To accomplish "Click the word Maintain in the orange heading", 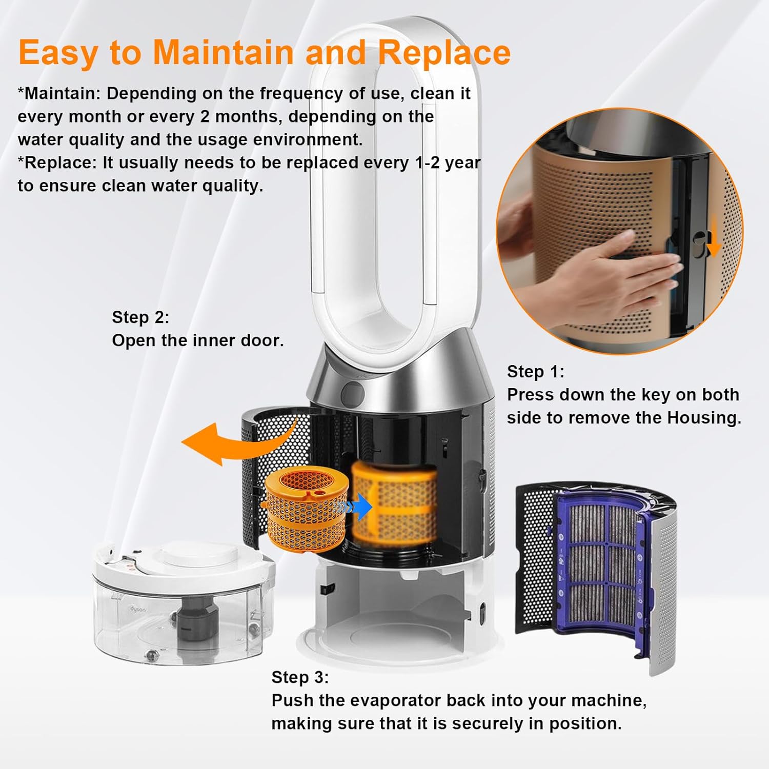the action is click(224, 52).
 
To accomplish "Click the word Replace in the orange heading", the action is click(444, 53).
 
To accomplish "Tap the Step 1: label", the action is click(535, 372).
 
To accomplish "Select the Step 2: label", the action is click(140, 317).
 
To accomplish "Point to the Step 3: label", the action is click(300, 677).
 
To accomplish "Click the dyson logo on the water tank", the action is click(137, 609).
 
